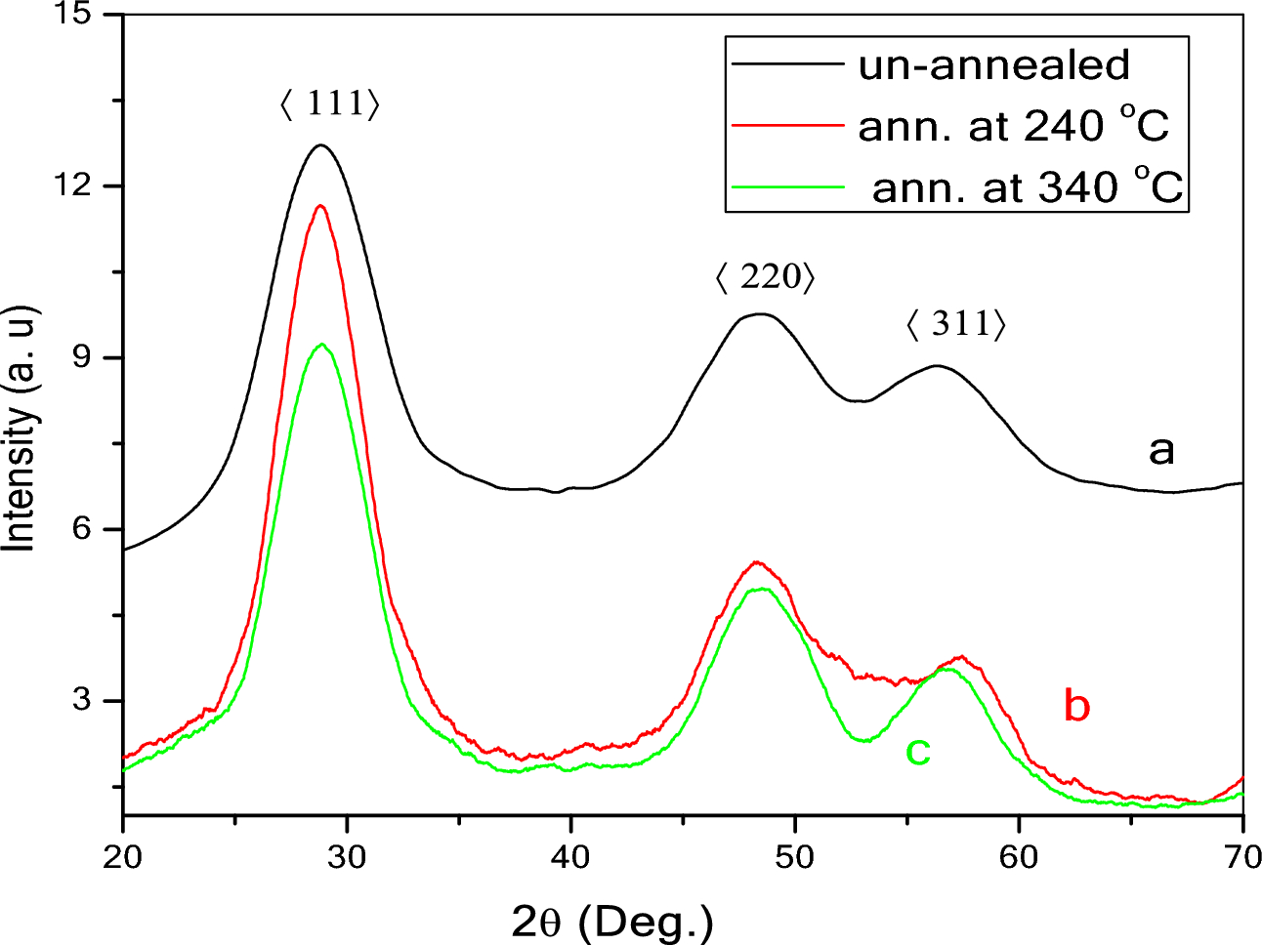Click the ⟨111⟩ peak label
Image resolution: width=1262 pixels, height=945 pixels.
(329, 103)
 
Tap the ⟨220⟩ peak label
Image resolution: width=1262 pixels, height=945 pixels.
(765, 278)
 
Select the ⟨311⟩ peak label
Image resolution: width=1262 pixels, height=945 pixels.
(956, 324)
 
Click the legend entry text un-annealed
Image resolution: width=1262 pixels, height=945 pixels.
(993, 65)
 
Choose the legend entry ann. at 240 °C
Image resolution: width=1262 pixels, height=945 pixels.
(1013, 125)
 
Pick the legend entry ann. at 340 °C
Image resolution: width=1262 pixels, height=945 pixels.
(1027, 186)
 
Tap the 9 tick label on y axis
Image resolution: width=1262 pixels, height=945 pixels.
(84, 357)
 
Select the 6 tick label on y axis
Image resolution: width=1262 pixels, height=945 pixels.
(84, 529)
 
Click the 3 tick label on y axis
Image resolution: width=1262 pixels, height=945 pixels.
(84, 701)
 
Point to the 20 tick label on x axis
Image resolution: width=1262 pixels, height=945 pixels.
(123, 856)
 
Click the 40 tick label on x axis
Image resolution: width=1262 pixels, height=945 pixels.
(570, 856)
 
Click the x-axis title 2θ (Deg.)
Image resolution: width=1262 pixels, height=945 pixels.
(612, 920)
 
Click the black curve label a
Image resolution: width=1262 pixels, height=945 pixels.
(1160, 450)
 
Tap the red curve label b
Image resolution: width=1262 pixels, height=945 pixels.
(1076, 705)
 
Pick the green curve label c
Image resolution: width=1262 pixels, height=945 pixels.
(918, 751)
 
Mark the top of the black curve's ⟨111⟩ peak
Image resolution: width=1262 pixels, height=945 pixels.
(320, 145)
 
